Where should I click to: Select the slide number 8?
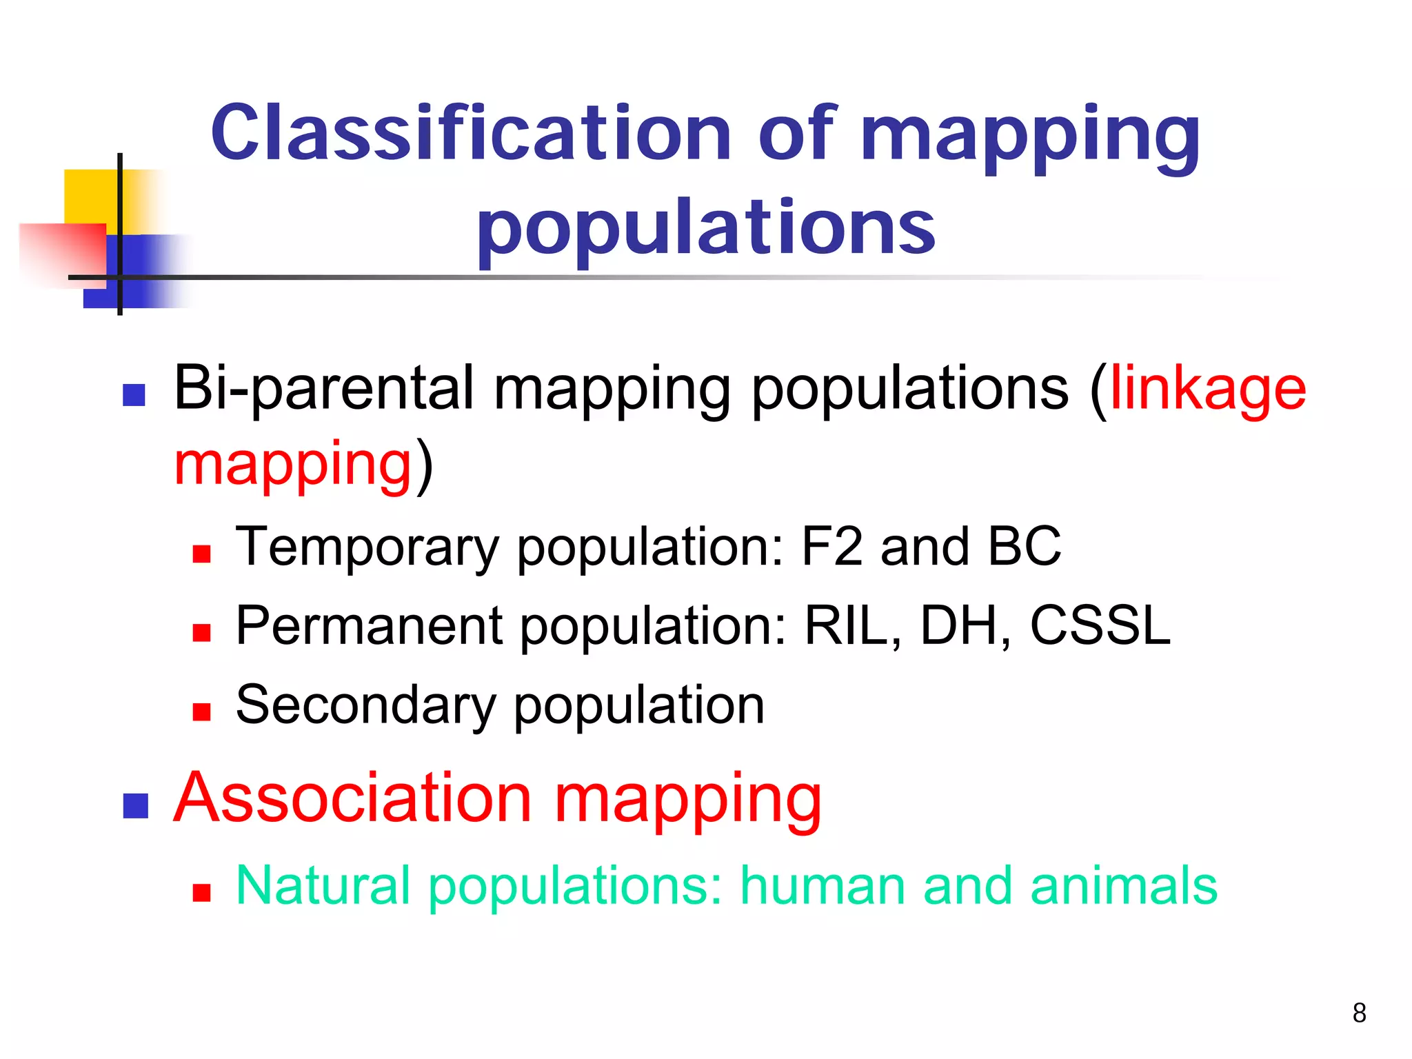click(x=1359, y=1013)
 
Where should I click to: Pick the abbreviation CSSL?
click(x=1100, y=625)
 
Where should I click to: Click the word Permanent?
click(x=370, y=625)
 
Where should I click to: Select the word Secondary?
click(x=365, y=706)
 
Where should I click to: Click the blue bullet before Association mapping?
click(x=136, y=806)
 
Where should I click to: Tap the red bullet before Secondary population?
click(x=201, y=712)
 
